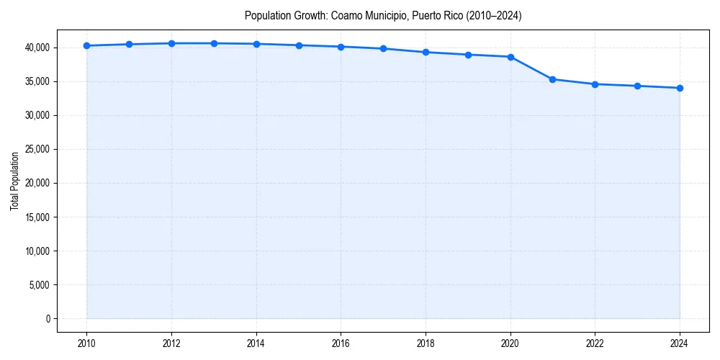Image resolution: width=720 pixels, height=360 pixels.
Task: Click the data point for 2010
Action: [x=86, y=45]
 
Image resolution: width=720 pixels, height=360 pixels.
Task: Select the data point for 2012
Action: [x=171, y=43]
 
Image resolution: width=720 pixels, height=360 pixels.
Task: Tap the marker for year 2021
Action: [x=552, y=79]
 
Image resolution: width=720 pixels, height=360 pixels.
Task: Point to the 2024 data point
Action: [x=680, y=88]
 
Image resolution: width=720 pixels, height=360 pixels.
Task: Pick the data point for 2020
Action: [x=510, y=57]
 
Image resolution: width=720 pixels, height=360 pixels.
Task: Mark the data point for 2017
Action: [x=383, y=48]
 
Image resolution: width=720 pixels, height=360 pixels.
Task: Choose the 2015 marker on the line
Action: [x=299, y=45]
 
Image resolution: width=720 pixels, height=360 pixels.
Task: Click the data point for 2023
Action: [x=637, y=86]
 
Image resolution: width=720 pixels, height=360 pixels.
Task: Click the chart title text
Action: [x=383, y=15]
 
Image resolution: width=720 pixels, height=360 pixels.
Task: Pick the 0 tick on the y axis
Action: [x=47, y=318]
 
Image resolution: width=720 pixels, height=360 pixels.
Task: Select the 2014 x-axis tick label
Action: [x=256, y=343]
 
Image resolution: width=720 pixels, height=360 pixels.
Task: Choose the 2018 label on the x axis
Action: [x=426, y=343]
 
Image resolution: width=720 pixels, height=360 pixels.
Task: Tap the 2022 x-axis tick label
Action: [x=595, y=343]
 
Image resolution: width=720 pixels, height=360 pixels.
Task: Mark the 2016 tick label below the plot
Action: [x=341, y=343]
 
